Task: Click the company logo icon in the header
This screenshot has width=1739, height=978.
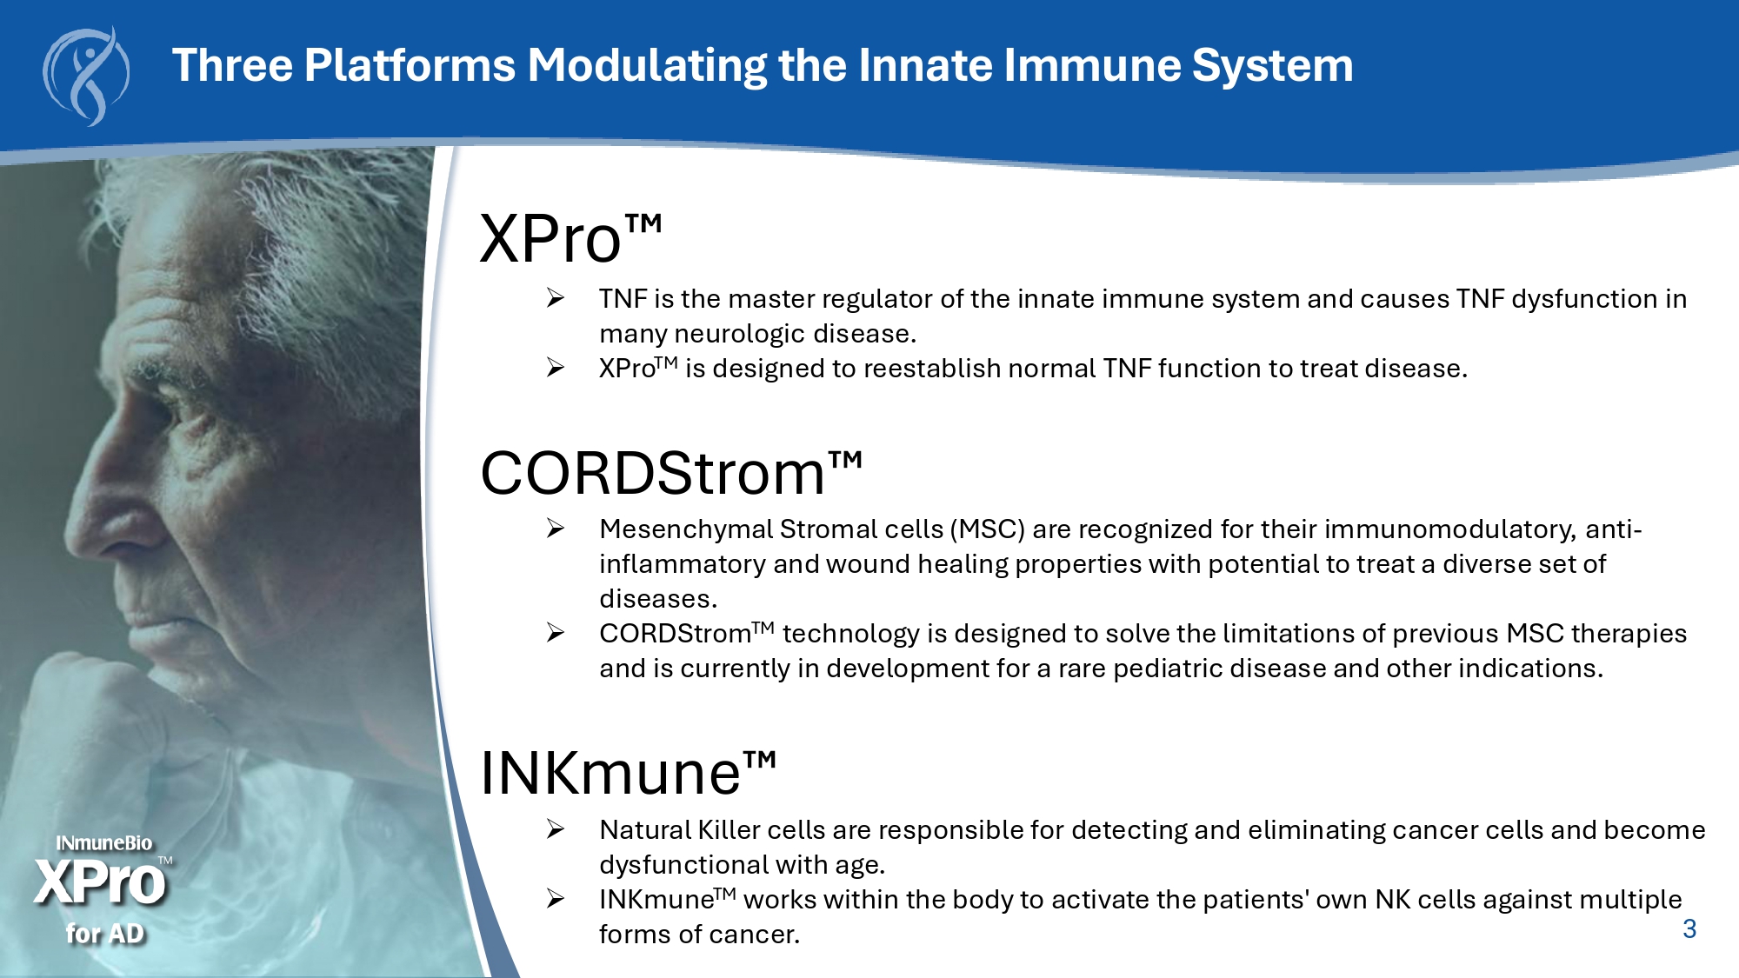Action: [86, 77]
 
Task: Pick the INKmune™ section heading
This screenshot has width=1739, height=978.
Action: [628, 772]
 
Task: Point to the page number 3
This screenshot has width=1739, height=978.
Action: [1689, 928]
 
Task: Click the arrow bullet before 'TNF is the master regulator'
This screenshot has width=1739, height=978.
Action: [556, 298]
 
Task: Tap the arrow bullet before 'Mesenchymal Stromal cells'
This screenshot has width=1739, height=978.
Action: [556, 529]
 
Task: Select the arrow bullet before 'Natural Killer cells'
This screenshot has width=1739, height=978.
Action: [556, 829]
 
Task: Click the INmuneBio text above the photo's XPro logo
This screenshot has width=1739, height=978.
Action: [104, 843]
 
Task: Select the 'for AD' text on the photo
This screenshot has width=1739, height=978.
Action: [104, 934]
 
